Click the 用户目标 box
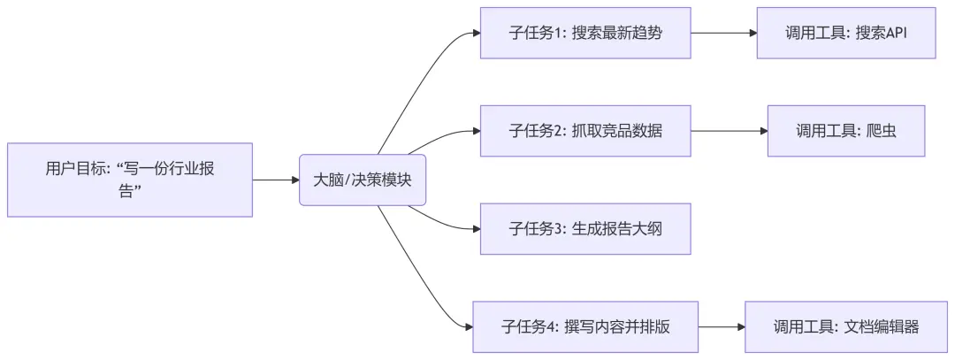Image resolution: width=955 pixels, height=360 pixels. tap(130, 180)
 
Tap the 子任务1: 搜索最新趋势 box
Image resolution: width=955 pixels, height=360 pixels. tap(584, 33)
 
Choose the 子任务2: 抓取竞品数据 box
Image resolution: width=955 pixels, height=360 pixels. tap(584, 131)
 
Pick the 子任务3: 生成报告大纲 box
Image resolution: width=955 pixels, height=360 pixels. tap(584, 228)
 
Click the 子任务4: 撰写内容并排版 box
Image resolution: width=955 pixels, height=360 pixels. tap(584, 326)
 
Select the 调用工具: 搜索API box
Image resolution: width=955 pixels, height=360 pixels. tap(845, 33)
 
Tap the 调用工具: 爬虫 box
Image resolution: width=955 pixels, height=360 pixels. tap(845, 131)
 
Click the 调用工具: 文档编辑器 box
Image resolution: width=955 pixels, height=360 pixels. tap(845, 326)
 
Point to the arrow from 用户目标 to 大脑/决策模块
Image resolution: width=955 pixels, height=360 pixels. tap(276, 180)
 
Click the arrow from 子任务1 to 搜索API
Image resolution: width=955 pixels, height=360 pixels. tap(723, 33)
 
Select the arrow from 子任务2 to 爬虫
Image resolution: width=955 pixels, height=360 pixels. tap(729, 131)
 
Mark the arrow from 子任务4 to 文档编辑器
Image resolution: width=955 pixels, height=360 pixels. tap(722, 326)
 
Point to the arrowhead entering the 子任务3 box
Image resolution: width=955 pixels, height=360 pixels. tap(476, 228)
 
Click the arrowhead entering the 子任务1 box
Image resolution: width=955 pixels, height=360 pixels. tap(476, 34)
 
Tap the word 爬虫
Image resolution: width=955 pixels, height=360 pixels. tap(881, 131)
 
